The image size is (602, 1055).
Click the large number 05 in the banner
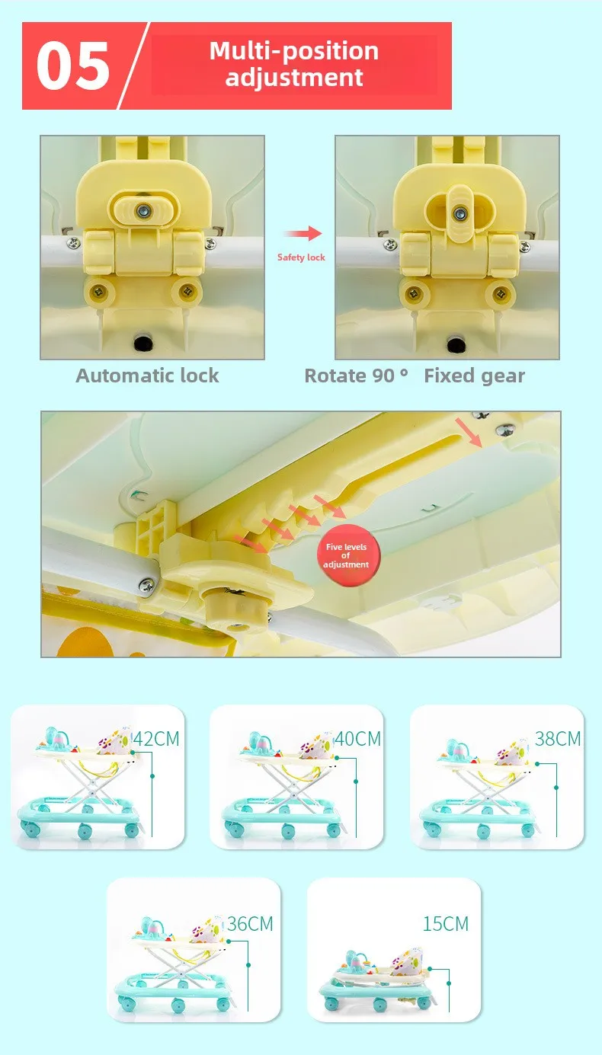73,66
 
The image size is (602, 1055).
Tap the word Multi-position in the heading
294,51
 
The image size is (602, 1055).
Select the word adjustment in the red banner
294,77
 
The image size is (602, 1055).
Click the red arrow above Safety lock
303,233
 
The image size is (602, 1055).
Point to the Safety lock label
301,257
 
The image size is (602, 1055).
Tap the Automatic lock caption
147,376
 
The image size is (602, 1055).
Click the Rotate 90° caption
356,376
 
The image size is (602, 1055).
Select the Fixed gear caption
474,376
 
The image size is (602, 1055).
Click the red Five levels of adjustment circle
348,555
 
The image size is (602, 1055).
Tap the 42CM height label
156,739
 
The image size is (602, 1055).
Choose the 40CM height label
357,739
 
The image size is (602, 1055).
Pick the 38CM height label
558,739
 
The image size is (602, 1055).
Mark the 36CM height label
250,923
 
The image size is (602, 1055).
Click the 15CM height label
446,923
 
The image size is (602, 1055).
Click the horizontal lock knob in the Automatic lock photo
144,210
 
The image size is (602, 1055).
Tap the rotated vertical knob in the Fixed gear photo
460,213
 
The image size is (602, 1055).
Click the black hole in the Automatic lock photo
143,343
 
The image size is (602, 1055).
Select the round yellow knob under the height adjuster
237,608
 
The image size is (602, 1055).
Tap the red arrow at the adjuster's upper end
469,433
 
